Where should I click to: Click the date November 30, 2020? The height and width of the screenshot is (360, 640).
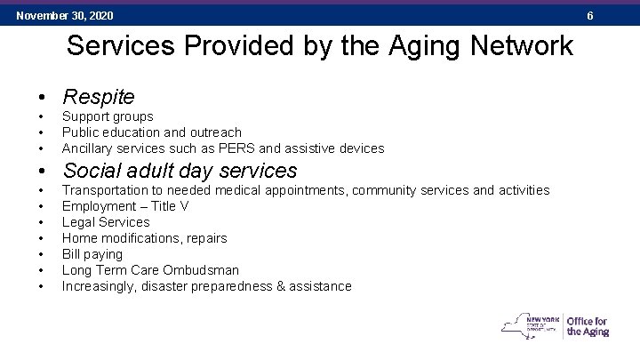(x=65, y=16)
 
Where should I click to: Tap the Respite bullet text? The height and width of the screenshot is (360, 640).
(x=99, y=96)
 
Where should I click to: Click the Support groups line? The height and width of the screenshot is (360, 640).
(x=108, y=116)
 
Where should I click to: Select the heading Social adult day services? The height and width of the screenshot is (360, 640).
(x=180, y=170)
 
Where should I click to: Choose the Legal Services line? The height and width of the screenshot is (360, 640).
(x=106, y=222)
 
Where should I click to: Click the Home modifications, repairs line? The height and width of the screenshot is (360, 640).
(x=144, y=238)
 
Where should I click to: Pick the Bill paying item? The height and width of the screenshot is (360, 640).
(x=92, y=254)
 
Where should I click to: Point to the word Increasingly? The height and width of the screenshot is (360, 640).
(x=102, y=286)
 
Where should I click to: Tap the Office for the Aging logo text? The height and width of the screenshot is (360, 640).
(x=588, y=326)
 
